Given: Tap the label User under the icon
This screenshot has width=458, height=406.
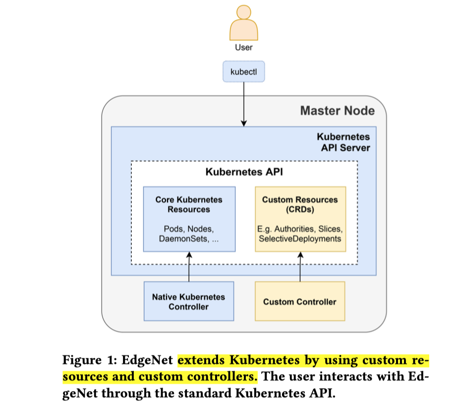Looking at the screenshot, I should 243,48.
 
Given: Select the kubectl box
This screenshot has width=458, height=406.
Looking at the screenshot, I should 243,71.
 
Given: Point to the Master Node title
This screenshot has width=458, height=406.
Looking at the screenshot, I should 337,110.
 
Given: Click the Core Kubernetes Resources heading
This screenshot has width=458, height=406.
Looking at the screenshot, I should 189,204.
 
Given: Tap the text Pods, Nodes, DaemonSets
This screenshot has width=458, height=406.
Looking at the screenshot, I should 189,234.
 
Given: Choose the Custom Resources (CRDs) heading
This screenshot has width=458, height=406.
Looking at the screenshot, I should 300,204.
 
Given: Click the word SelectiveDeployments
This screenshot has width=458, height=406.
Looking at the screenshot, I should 300,239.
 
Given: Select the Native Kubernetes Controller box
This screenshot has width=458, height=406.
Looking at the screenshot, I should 188,302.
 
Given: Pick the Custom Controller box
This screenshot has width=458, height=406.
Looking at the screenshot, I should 300,302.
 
